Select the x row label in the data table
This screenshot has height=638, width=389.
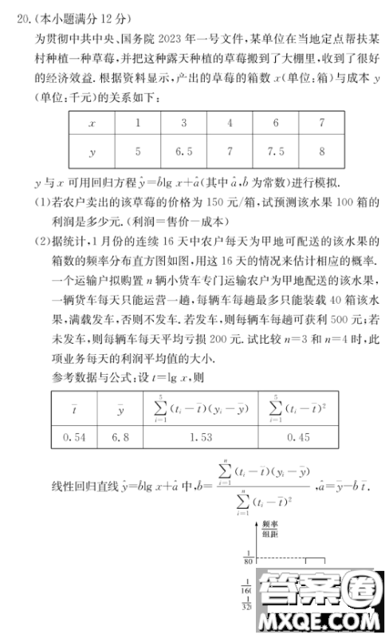tap(92, 124)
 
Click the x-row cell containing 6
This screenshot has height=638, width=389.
tap(276, 124)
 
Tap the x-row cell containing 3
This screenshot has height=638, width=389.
tap(184, 124)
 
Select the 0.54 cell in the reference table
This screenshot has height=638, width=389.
tap(74, 437)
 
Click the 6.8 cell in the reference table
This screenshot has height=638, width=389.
tap(120, 437)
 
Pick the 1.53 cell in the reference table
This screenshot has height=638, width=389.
tap(197, 437)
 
